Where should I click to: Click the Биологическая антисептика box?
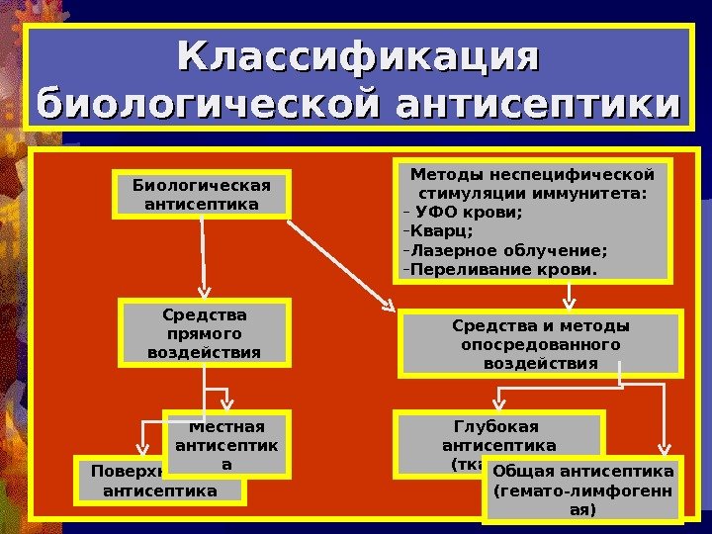(202, 195)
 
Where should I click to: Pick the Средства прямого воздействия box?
(205, 333)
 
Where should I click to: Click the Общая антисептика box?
(583, 489)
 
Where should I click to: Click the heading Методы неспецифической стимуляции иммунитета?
(533, 184)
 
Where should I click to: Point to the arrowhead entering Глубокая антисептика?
(498, 405)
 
